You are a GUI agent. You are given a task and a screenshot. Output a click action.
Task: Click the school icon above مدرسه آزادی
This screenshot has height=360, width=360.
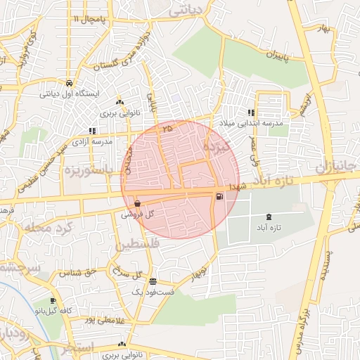(92, 131)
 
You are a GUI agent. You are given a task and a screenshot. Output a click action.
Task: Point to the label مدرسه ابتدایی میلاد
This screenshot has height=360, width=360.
(251, 123)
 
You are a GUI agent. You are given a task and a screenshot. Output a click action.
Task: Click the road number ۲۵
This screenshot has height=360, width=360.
(166, 129)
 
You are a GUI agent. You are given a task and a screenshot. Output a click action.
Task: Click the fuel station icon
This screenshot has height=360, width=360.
(221, 196)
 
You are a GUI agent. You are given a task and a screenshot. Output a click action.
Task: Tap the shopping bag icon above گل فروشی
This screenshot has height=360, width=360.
(136, 204)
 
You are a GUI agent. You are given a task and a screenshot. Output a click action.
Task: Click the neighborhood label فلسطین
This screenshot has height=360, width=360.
(136, 245)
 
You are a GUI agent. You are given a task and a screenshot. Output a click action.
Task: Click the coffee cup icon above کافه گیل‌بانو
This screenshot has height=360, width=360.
(53, 300)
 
